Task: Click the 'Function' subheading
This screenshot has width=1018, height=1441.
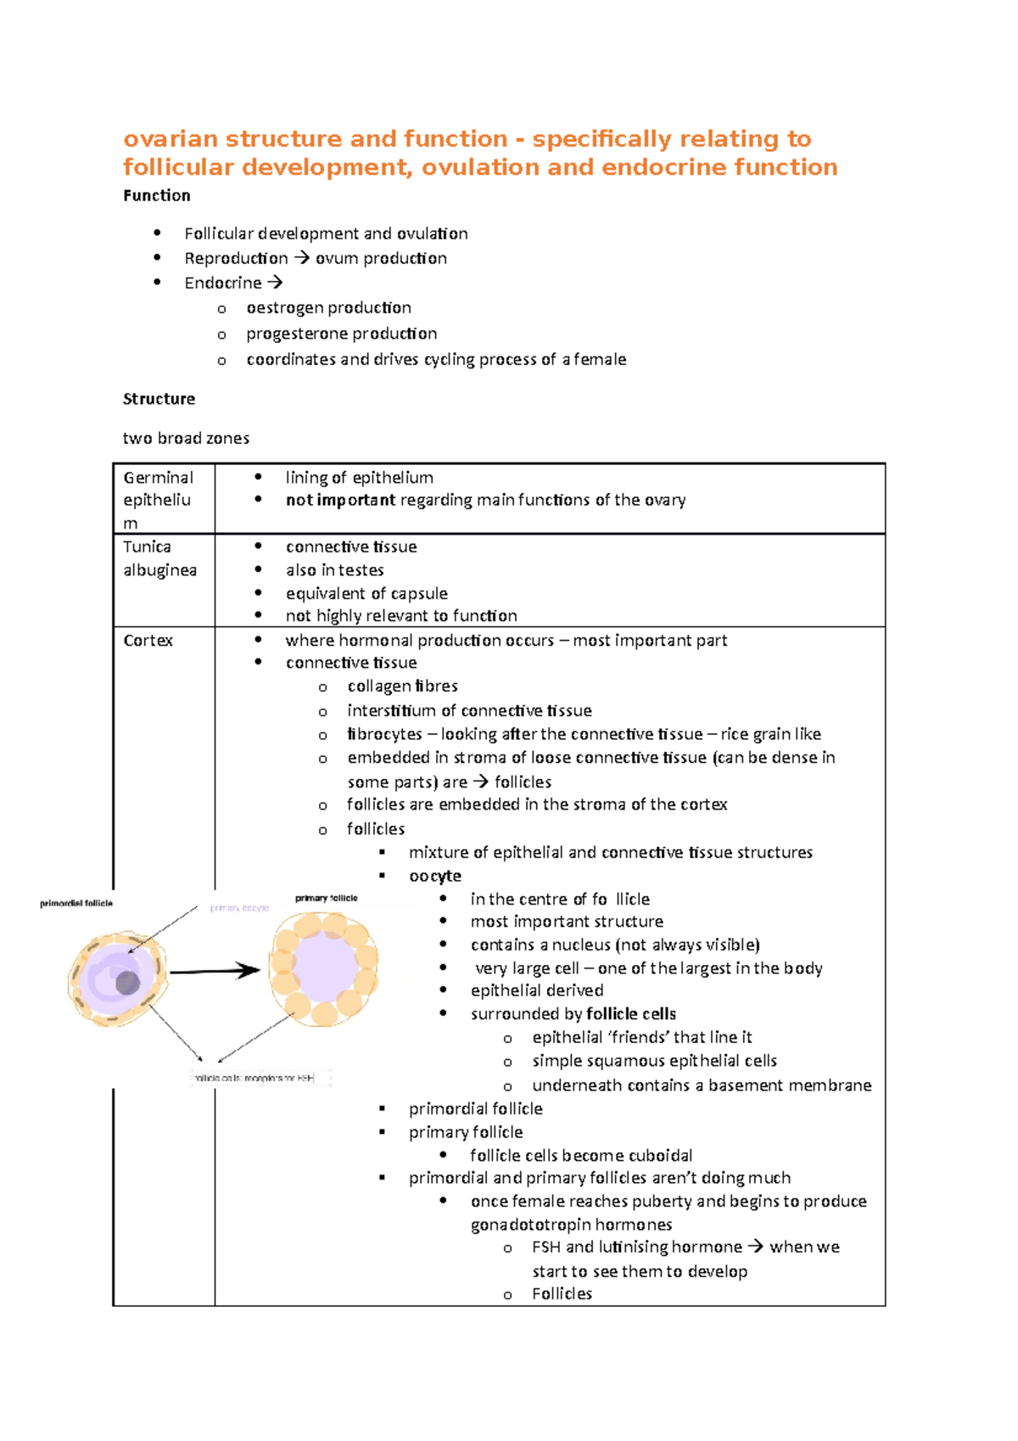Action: (x=157, y=195)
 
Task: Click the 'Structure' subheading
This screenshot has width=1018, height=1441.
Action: (x=159, y=399)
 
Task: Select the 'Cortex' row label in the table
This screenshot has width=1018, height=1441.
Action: (x=148, y=641)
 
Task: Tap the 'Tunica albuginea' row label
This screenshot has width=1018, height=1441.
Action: (x=159, y=558)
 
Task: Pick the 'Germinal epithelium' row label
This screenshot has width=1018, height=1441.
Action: (x=158, y=500)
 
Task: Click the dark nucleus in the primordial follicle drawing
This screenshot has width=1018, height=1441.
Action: (x=128, y=983)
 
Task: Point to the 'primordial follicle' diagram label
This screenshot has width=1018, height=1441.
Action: (x=76, y=903)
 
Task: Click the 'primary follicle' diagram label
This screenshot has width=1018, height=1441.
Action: (x=327, y=898)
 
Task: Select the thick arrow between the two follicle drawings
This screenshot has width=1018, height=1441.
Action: (x=215, y=970)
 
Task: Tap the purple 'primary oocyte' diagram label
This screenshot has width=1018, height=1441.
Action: (x=239, y=908)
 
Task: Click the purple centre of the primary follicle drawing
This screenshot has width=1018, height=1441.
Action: (x=323, y=967)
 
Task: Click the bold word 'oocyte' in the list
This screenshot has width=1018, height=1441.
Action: (x=435, y=876)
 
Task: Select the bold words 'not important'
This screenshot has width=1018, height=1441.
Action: (x=340, y=500)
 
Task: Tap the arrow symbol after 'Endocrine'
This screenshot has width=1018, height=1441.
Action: (x=275, y=283)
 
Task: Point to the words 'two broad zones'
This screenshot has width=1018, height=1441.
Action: (x=186, y=438)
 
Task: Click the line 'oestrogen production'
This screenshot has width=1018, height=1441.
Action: (x=328, y=307)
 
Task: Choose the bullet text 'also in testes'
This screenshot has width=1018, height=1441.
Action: (x=334, y=570)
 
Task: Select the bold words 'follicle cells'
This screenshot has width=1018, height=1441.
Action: (x=631, y=1013)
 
